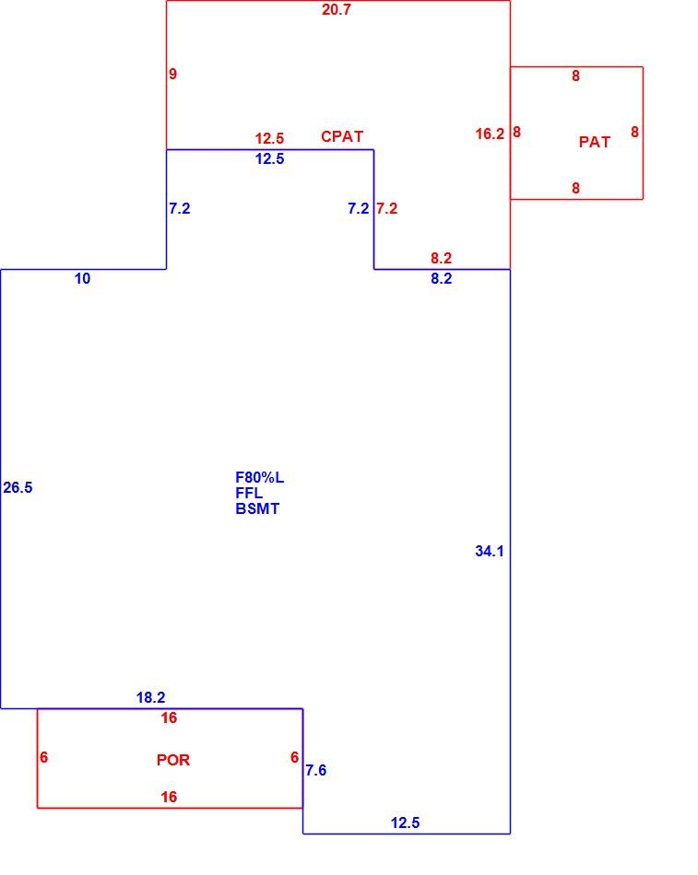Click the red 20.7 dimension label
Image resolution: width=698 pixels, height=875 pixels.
336,9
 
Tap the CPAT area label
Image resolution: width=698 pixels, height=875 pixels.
342,136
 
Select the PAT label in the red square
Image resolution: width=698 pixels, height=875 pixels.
594,142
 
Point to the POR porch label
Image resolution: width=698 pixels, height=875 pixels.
173,760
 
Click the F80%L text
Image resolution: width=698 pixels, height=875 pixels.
259,478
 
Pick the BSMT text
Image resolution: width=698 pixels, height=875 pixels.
257,509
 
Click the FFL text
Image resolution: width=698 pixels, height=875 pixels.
249,494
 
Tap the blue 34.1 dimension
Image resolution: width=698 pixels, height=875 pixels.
490,552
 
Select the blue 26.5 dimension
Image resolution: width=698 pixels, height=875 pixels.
18,488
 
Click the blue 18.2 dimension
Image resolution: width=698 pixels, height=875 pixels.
151,697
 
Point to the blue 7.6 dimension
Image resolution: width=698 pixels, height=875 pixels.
315,771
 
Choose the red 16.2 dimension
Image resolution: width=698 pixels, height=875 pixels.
490,134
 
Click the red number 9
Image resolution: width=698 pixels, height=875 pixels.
172,75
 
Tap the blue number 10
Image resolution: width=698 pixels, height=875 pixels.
82,278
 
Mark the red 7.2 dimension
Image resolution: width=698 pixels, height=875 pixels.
386,209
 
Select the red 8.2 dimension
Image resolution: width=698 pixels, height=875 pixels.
441,259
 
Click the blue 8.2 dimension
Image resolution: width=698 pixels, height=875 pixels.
441,278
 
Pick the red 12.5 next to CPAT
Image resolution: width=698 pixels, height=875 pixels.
269,138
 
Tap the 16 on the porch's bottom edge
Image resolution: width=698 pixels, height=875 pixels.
169,798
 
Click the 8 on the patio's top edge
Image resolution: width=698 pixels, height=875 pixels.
575,76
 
